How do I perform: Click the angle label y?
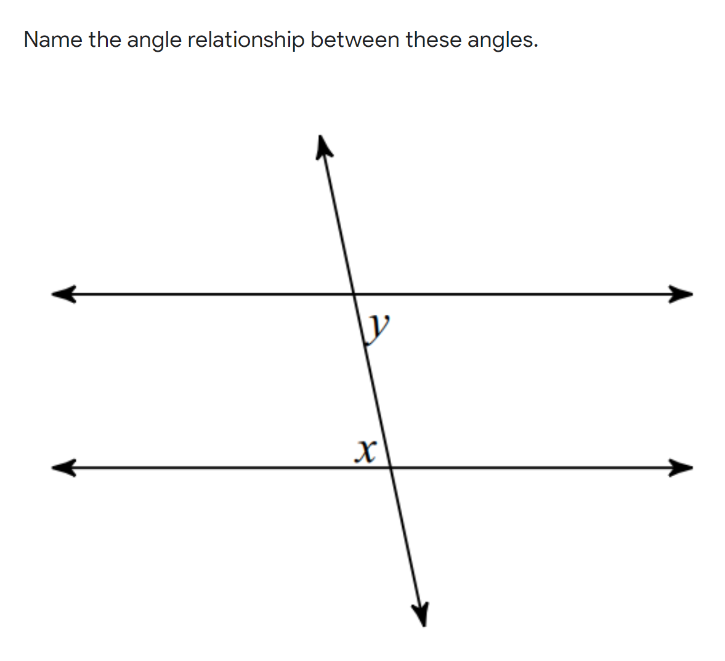tap(378, 326)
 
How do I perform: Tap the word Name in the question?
tap(52, 40)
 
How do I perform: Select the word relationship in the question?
tap(246, 41)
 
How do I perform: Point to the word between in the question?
tap(355, 40)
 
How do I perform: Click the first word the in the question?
tap(105, 40)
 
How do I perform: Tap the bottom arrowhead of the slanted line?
tap(421, 614)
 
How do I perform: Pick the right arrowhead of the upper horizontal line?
tap(681, 294)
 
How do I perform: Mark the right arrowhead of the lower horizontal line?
tap(681, 467)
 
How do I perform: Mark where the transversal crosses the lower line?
tap(391, 467)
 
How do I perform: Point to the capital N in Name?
tap(31, 40)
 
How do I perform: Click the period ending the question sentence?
tap(535, 46)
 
